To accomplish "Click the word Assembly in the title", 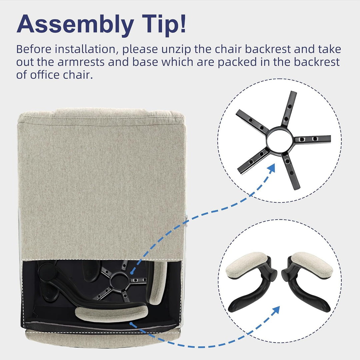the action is [75, 25].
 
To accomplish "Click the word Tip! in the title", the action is [164, 23].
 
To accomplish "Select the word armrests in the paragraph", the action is [81, 62].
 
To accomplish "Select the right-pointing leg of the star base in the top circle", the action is [312, 139].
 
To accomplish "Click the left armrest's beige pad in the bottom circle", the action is [247, 266].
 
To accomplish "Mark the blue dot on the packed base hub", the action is [132, 273].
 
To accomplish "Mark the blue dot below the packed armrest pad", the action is [131, 323].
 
